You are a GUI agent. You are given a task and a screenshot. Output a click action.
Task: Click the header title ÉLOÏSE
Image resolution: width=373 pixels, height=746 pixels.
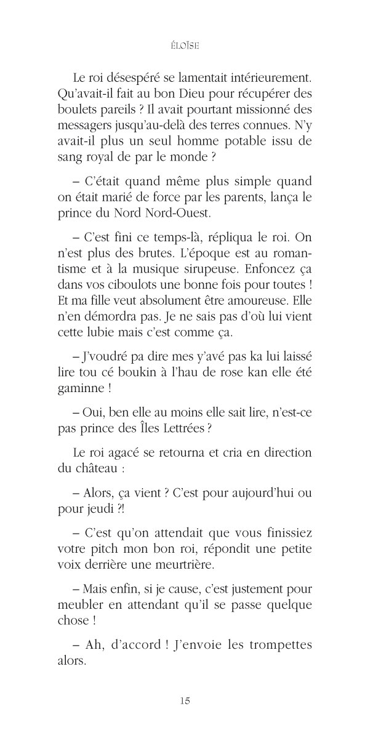pyautogui.click(x=186, y=44)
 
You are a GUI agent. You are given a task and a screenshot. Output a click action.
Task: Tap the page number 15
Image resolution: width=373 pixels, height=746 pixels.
pyautogui.click(x=186, y=700)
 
